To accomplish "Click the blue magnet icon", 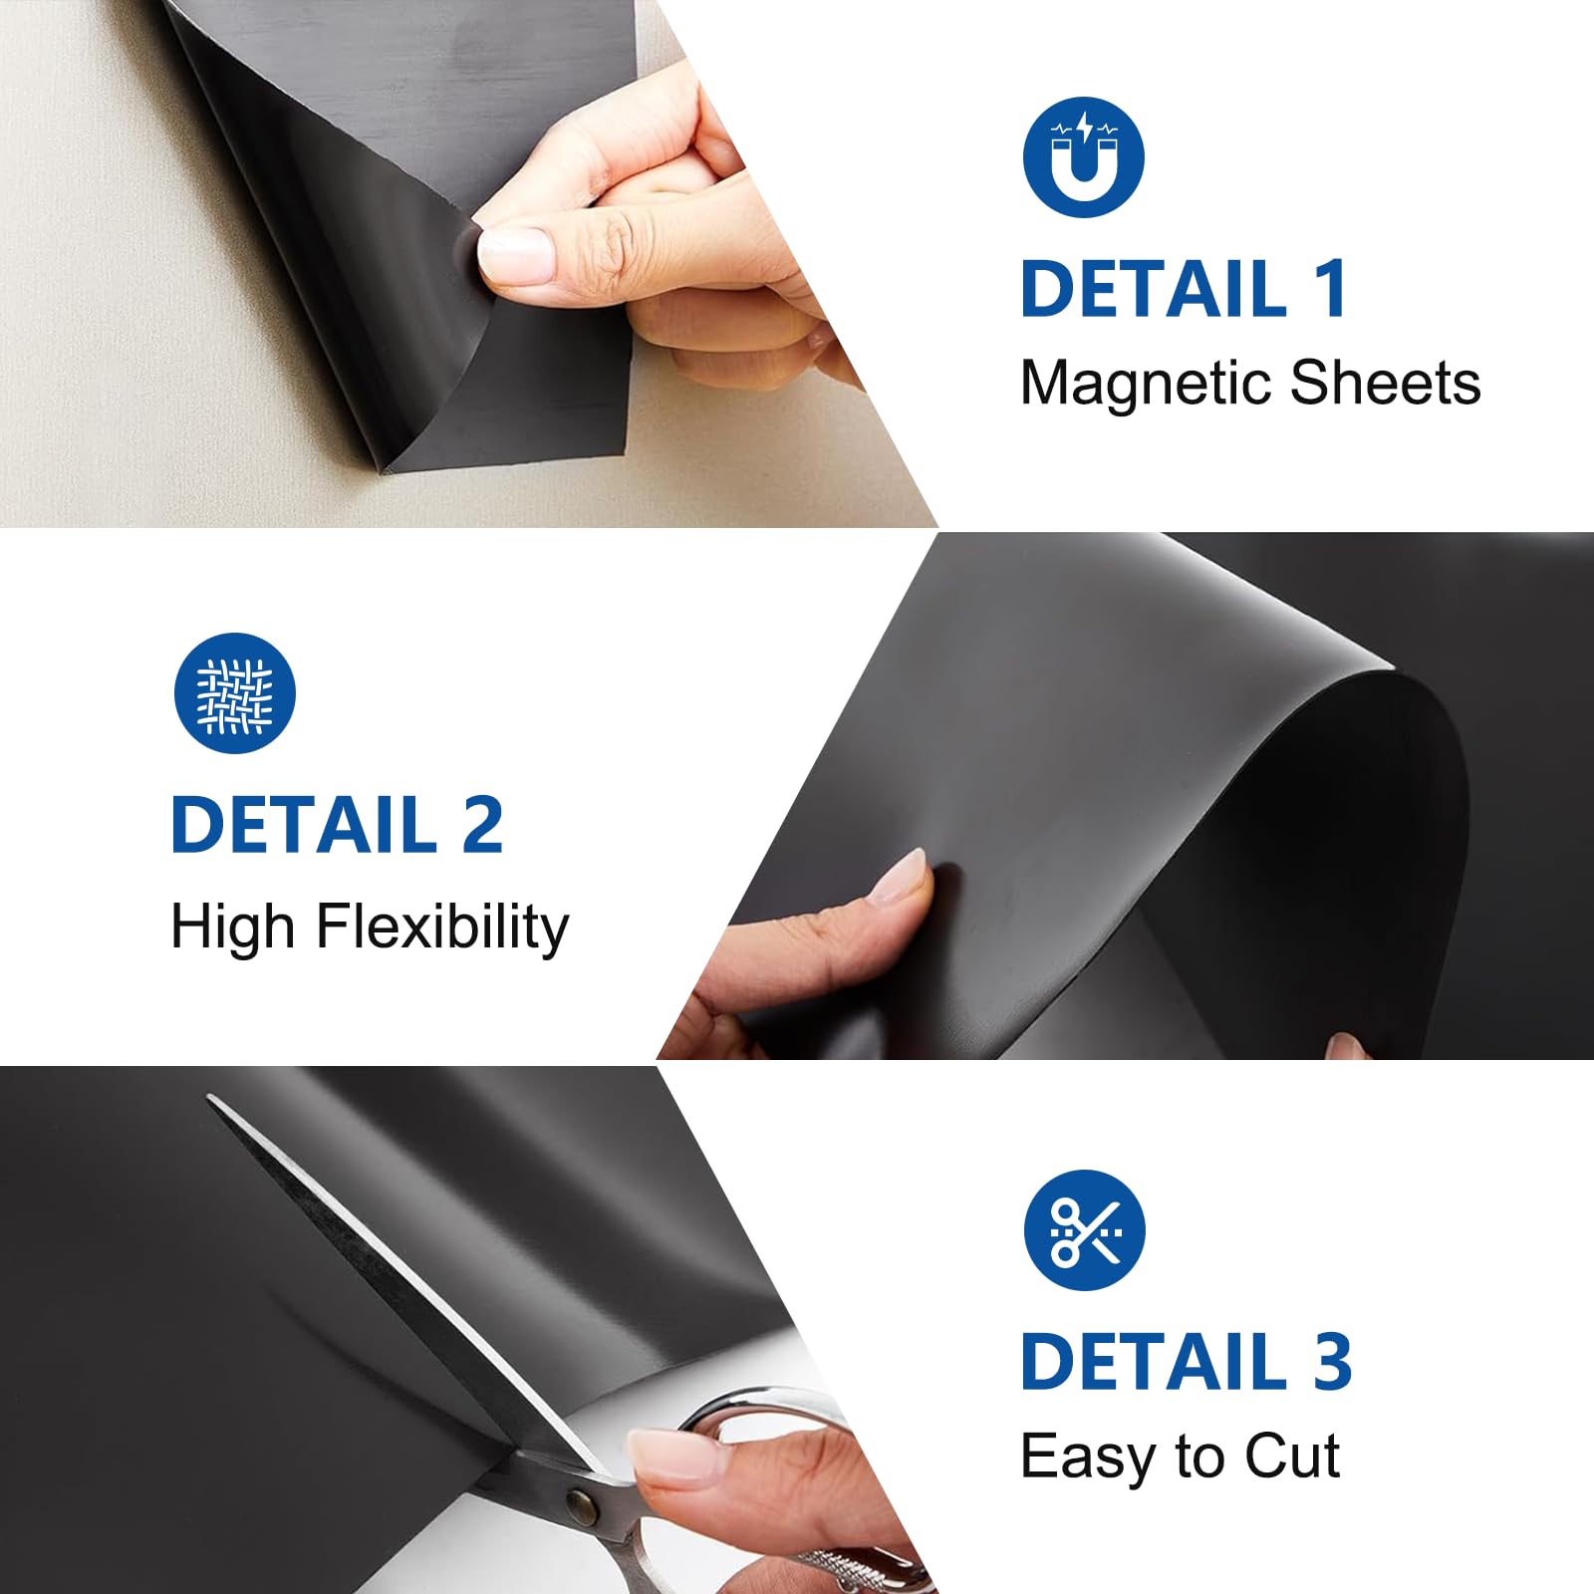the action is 1084,157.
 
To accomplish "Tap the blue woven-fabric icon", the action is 235,693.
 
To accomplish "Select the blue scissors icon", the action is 1085,1230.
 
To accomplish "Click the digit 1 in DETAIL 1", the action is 1331,289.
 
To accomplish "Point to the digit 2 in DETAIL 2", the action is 482,825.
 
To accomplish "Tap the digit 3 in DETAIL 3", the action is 1332,1361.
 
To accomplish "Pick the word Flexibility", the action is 442,929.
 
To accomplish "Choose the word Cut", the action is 1292,1457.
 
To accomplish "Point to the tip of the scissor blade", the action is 210,1098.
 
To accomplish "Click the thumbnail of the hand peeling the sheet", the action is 514,253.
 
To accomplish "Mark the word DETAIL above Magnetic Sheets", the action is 1155,289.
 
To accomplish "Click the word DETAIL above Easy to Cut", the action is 1155,1361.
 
